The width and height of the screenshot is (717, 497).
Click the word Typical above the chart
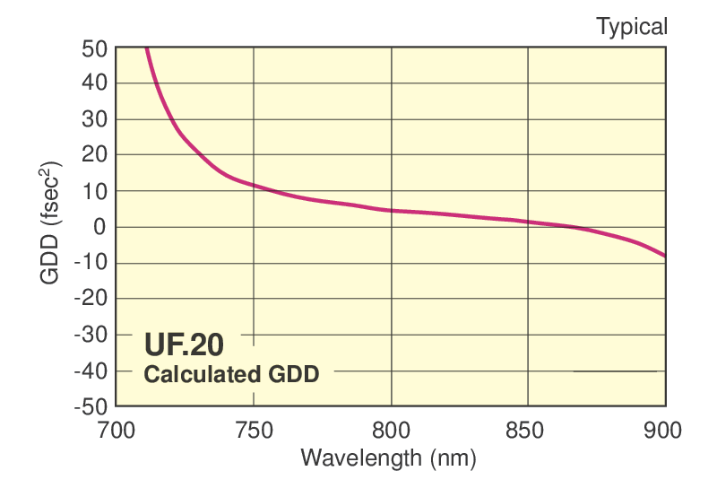pos(632,27)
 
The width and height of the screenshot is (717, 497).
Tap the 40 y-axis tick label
pos(94,83)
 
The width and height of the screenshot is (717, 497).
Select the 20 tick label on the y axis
pos(94,155)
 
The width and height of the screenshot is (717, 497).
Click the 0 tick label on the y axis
pos(100,227)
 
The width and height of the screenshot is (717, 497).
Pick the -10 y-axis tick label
pos(90,263)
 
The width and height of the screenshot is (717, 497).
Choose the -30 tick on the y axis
pos(90,335)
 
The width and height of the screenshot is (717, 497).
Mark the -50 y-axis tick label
pos(90,406)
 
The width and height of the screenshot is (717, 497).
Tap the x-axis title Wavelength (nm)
pos(388,458)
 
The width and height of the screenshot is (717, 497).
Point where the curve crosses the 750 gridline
pos(254,186)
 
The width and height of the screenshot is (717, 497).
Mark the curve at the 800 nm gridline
pos(391,210)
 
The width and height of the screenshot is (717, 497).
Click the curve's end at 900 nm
pos(664,256)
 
